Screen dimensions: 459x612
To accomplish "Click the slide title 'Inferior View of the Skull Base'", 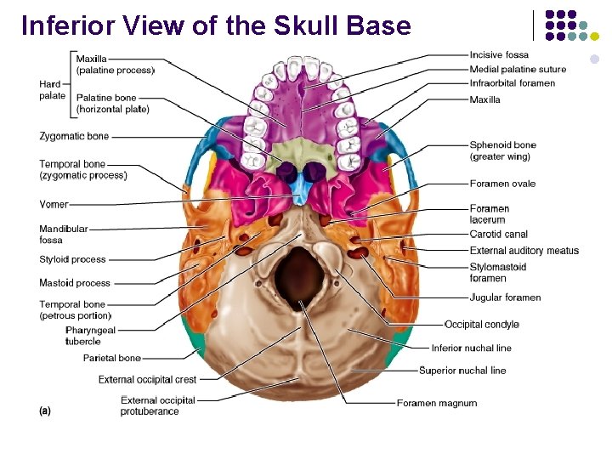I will coord(216,25).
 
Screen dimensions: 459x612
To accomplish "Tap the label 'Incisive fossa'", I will coord(499,55).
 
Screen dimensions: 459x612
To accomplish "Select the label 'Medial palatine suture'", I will coord(518,69).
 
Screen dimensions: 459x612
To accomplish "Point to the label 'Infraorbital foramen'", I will coord(512,83).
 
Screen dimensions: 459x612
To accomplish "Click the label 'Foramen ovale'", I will coord(502,184).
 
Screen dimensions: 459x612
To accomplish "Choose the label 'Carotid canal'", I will coord(498,234).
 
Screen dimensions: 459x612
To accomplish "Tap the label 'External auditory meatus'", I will coord(524,251).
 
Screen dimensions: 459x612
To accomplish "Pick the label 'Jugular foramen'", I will coord(505,297).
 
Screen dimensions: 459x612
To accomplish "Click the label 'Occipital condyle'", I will coord(481,324).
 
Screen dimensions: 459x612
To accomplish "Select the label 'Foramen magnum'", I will coord(436,403).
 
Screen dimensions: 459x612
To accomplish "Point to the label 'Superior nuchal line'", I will coord(462,371).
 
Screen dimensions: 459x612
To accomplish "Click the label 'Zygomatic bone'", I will coord(74,136).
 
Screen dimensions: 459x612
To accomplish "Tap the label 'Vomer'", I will coord(53,204).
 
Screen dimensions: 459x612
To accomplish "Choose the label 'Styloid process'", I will coord(72,259).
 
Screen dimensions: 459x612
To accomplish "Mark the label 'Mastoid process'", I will coord(74,283).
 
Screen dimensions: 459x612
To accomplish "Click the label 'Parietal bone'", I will coord(111,358).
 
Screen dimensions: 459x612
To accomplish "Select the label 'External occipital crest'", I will coord(147,380).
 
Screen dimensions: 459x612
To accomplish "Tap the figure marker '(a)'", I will coord(45,411).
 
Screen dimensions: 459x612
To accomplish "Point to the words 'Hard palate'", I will coord(52,90).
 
